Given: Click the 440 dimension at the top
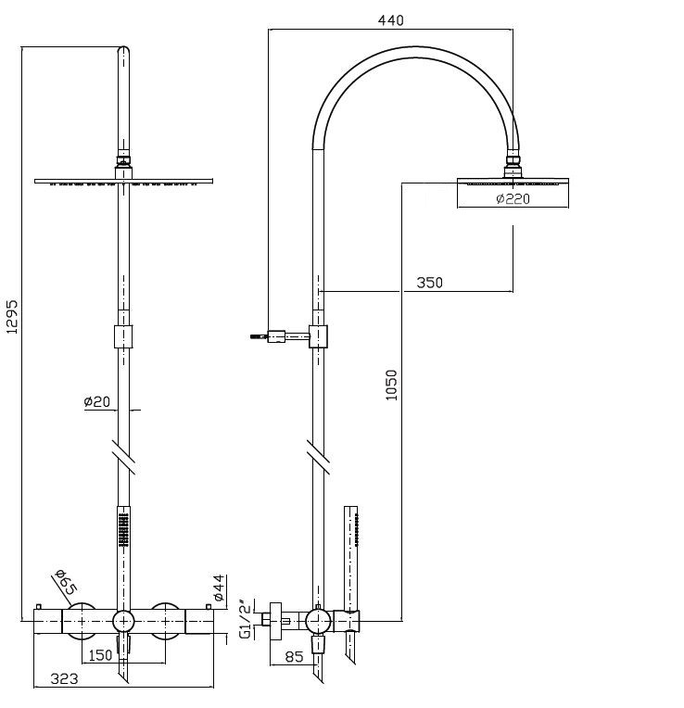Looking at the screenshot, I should (x=391, y=19).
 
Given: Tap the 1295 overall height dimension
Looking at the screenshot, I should (x=12, y=321).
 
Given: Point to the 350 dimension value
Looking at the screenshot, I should (x=429, y=283).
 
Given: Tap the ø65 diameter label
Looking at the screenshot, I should (x=64, y=583).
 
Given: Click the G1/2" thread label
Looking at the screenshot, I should (x=247, y=618).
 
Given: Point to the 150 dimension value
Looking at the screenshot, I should (x=100, y=655).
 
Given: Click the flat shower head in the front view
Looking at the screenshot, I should (x=123, y=180).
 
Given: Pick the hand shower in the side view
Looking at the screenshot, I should (x=351, y=556).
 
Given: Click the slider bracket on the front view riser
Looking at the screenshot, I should (x=123, y=336).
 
